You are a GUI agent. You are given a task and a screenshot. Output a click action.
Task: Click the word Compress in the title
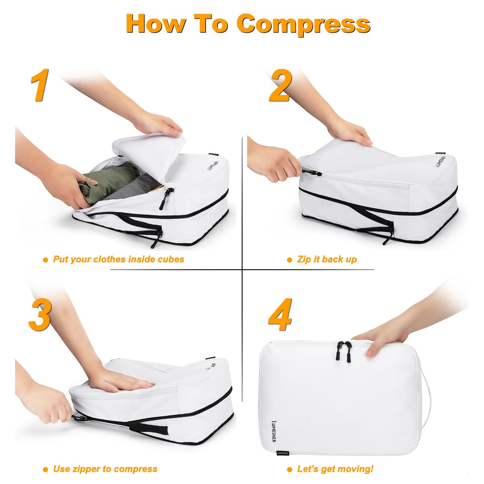tap(303, 24)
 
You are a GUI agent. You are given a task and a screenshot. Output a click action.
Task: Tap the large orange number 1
tap(40, 85)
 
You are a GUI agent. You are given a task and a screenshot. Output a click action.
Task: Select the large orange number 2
tap(281, 85)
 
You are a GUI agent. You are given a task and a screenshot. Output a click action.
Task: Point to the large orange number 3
tap(40, 315)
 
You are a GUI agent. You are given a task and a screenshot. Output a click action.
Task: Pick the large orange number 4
tap(281, 315)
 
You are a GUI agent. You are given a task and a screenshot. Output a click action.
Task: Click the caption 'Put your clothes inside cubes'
tap(119, 260)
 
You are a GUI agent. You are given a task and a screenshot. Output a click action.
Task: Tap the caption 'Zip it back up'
tap(327, 260)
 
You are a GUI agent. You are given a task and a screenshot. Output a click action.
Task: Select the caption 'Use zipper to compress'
tap(105, 469)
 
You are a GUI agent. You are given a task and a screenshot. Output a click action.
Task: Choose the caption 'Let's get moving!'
tap(335, 469)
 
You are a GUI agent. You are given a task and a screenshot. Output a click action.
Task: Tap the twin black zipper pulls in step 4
tap(344, 350)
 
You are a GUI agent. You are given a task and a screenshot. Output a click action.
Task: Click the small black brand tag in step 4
tap(282, 453)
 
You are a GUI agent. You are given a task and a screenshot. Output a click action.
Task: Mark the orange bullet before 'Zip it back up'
tap(290, 260)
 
